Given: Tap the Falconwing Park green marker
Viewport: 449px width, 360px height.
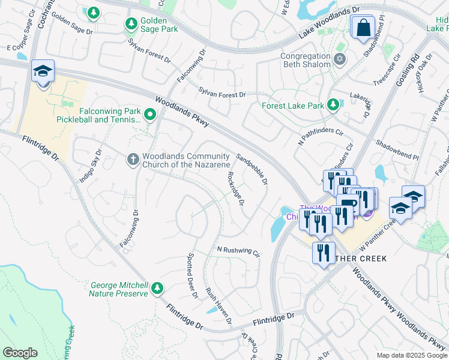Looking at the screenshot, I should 149,113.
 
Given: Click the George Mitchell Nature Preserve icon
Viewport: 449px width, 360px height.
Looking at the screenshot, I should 157,289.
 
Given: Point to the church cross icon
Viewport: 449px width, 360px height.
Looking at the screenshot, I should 133,159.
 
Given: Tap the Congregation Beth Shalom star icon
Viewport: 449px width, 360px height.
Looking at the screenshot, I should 339,59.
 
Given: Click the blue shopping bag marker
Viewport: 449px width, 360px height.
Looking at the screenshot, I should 363,28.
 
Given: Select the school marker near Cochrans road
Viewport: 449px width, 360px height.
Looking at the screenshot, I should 43,72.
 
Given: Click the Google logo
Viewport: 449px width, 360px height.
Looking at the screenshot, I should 20,352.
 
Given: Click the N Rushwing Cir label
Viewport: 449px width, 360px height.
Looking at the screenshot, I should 238,251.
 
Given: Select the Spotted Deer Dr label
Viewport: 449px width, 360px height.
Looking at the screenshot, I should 193,275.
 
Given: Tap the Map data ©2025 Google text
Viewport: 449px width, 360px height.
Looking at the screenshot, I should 412,355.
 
